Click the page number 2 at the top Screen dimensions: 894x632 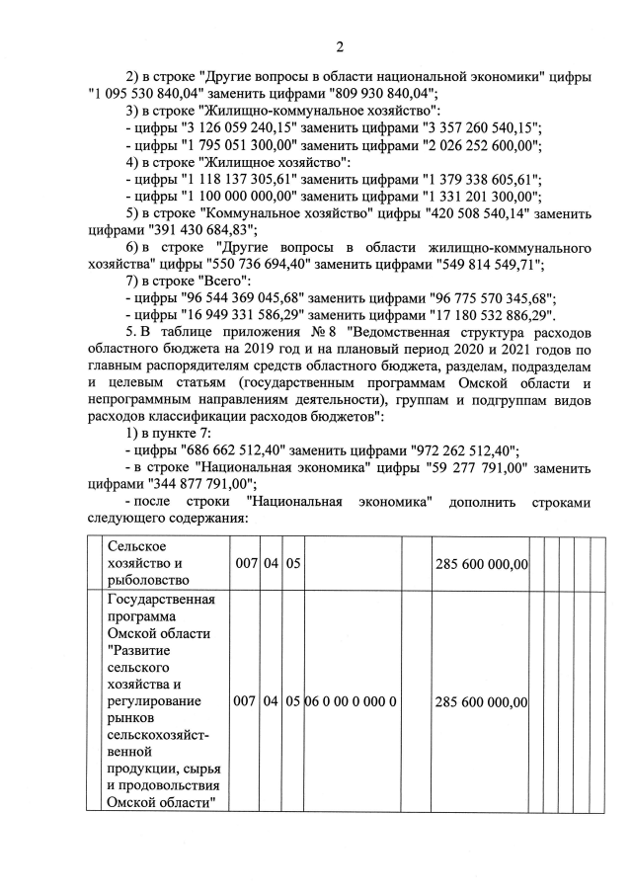tap(339, 46)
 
